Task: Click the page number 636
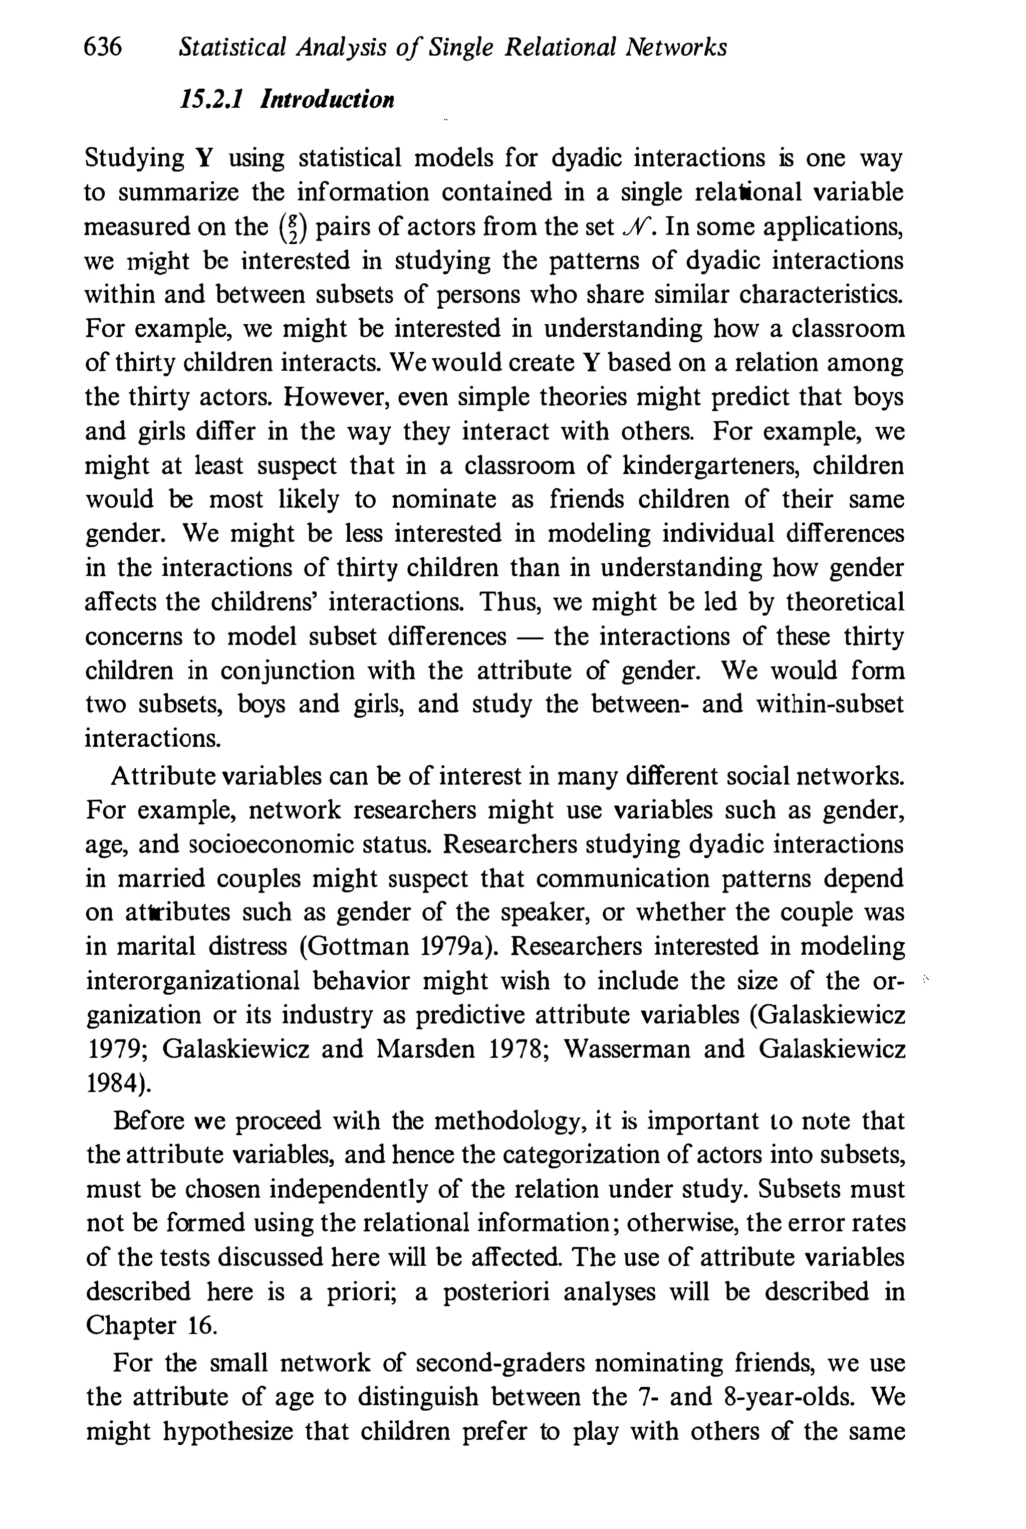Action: (103, 47)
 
